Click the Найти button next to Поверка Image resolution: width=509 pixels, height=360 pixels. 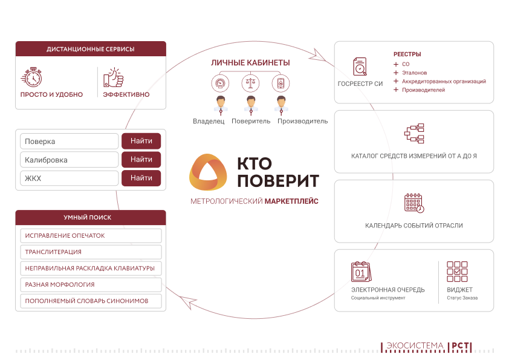(x=141, y=141)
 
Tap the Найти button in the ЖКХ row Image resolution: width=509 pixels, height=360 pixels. (x=141, y=178)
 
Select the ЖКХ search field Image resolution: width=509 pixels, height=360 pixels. (x=70, y=178)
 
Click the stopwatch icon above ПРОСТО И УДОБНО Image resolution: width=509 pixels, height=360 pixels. (x=32, y=77)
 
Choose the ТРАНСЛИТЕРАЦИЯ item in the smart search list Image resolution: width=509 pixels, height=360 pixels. (x=91, y=252)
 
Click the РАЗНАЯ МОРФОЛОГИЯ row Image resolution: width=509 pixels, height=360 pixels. (x=91, y=284)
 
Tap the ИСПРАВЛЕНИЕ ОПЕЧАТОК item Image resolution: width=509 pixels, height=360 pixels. (x=91, y=235)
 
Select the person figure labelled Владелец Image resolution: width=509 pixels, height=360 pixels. (x=221, y=104)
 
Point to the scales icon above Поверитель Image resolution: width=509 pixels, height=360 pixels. (x=250, y=83)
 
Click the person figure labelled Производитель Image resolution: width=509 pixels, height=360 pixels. (x=280, y=104)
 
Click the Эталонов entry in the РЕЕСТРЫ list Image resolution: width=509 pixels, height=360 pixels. (x=414, y=73)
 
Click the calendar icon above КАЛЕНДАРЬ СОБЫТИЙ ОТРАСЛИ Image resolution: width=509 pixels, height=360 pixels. (x=414, y=203)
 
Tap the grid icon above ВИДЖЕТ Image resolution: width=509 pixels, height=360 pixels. (x=457, y=272)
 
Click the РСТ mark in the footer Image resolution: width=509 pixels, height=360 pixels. (x=461, y=347)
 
